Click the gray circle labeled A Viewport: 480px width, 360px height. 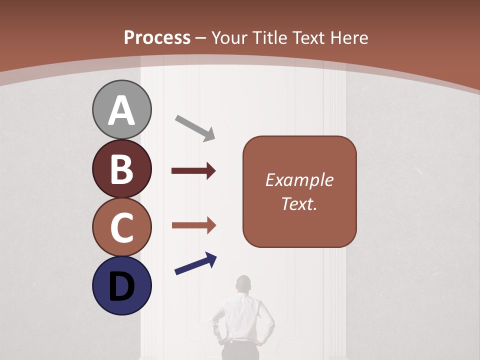(x=121, y=109)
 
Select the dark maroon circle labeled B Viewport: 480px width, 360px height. (x=121, y=168)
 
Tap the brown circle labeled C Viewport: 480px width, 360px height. (x=121, y=227)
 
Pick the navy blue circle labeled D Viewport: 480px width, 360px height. (x=121, y=285)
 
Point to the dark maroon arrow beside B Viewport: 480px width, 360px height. (x=193, y=171)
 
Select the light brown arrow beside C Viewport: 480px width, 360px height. (x=193, y=225)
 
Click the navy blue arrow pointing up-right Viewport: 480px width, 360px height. (x=195, y=264)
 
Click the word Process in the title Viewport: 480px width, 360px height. (x=157, y=37)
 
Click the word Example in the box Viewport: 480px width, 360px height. (x=299, y=180)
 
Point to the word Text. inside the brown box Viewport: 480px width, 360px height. (x=299, y=203)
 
